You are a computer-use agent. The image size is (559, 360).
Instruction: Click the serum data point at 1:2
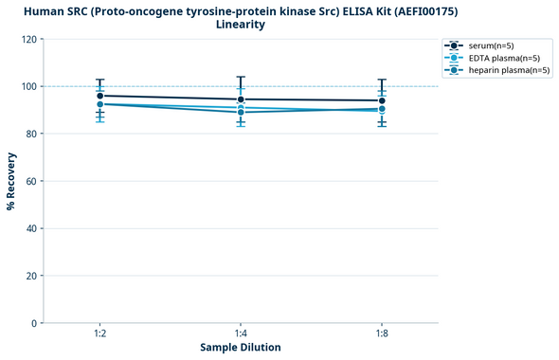point(99,96)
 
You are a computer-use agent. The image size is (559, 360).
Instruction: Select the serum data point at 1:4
point(241,99)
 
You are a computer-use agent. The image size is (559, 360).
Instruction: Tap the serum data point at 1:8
point(382,100)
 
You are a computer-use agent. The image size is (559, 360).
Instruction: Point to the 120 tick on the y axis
point(30,40)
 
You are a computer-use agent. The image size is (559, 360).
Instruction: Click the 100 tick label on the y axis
point(30,87)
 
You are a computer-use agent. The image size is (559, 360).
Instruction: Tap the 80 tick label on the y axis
point(33,135)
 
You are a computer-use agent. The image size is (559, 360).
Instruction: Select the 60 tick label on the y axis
point(33,182)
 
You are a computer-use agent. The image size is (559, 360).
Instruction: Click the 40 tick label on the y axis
point(33,229)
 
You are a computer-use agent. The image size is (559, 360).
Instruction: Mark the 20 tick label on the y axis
point(33,277)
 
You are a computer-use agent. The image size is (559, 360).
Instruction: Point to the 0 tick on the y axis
point(36,324)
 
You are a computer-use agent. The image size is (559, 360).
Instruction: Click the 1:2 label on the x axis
point(99,334)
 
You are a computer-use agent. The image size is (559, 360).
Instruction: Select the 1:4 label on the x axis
point(241,334)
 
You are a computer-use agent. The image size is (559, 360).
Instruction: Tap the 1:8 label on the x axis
point(382,334)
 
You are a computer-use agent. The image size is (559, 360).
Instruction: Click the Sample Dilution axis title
point(241,348)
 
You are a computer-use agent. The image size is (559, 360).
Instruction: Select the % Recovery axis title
point(11,182)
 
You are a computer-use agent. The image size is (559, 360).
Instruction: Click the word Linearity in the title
point(241,25)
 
